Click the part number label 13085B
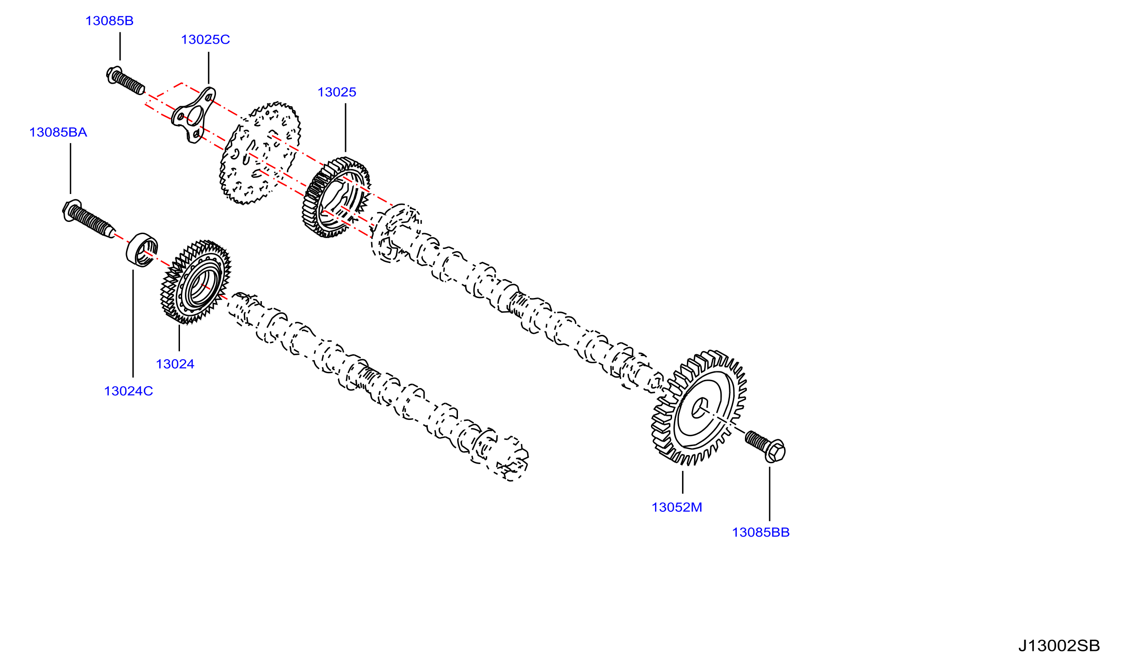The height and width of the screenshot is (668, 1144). [109, 21]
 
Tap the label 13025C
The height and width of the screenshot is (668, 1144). [205, 40]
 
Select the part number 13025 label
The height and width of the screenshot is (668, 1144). [337, 92]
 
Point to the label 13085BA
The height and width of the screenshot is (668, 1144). [58, 132]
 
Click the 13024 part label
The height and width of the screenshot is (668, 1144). [175, 364]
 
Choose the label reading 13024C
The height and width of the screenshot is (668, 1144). [129, 391]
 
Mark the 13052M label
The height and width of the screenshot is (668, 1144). [677, 507]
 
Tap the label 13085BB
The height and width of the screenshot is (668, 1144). [761, 532]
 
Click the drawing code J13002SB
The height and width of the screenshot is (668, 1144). [1059, 646]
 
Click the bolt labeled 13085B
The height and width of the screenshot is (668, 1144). [126, 81]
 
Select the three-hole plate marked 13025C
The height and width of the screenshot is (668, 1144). [193, 115]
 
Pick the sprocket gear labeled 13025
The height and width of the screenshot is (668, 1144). [336, 197]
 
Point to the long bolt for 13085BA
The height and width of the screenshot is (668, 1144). [88, 218]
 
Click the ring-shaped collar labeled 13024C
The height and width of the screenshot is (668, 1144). [142, 250]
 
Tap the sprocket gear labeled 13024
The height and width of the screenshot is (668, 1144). [196, 282]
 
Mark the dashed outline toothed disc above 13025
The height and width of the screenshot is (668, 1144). [260, 153]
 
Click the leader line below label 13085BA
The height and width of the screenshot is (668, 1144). [70, 169]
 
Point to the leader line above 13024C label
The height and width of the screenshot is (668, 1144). [133, 324]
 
